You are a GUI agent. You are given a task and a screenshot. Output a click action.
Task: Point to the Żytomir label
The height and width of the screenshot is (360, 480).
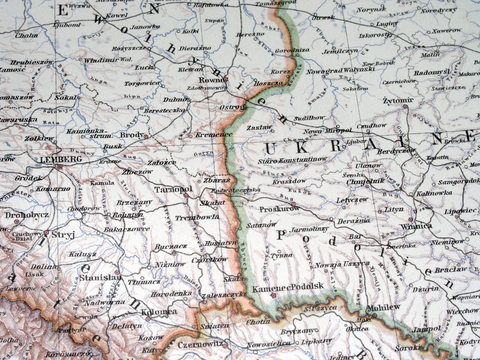tap(398, 100)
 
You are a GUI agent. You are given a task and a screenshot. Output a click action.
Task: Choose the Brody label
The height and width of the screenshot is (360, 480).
tap(131, 135)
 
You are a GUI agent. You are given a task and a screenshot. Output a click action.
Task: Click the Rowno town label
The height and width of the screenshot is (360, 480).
tap(209, 79)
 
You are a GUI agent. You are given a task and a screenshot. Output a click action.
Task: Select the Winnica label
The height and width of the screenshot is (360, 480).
tap(416, 226)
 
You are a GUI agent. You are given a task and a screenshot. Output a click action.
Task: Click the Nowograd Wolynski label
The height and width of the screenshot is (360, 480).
tap(340, 71)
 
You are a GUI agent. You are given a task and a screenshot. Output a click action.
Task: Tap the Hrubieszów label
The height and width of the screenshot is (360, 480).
tap(31, 61)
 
